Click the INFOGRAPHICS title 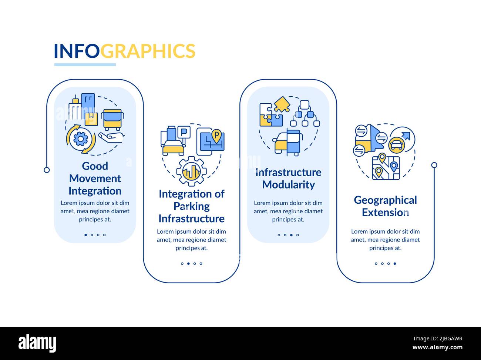coord(124,51)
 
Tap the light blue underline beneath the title coord(85,65)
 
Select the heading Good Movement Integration coord(95,179)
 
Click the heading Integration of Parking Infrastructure coord(192,206)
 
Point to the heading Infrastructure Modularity coord(288,179)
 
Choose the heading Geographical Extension coord(385,206)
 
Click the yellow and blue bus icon coord(112,120)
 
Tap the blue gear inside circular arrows coord(81,139)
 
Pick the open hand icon coord(112,137)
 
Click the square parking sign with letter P coord(184,132)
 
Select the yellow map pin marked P coord(216,136)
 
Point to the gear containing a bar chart coord(192,171)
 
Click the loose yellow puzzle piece coord(282,104)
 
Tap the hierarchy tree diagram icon coord(305,113)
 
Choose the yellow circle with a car coord(397,145)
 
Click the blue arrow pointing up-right coord(406,136)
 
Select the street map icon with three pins coord(386,167)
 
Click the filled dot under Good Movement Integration coord(86,235)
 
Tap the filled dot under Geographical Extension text coord(395,264)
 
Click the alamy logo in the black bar coord(37,343)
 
